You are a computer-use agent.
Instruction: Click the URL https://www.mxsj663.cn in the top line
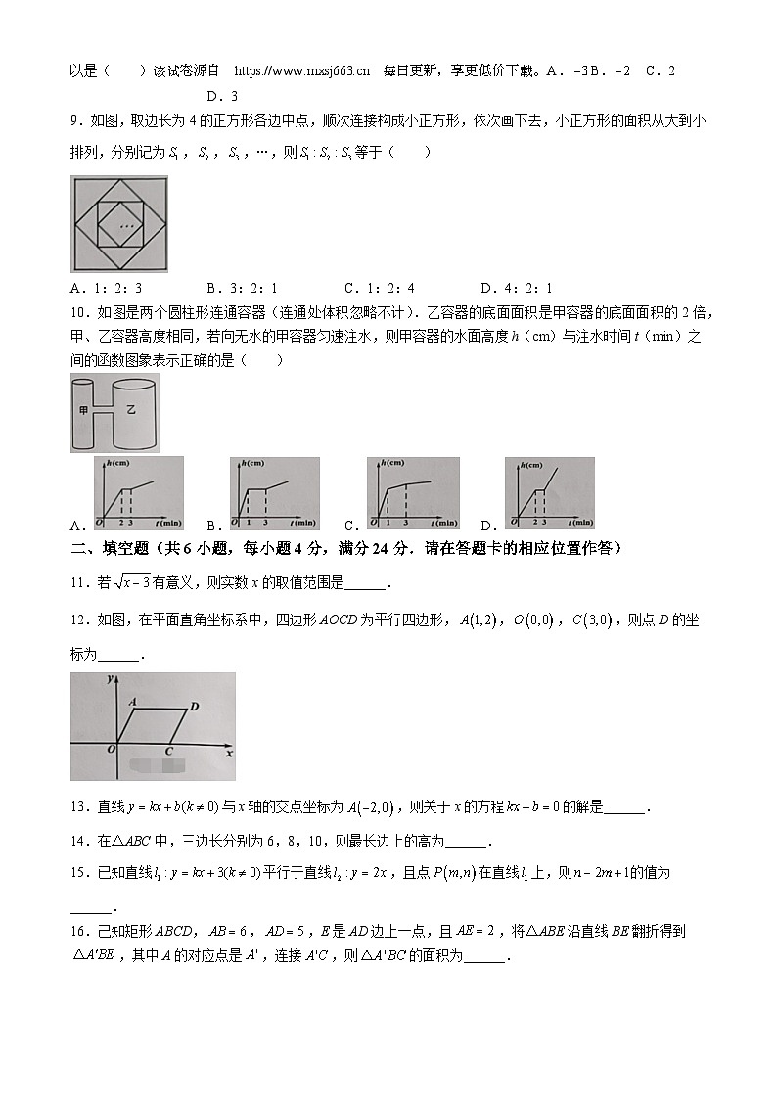click(x=303, y=70)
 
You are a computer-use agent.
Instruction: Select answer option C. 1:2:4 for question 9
click(x=379, y=288)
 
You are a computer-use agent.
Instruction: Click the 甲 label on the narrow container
click(x=83, y=411)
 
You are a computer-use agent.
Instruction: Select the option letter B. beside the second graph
click(x=213, y=524)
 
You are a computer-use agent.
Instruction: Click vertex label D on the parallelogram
click(x=194, y=707)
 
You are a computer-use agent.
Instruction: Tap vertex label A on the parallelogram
click(x=131, y=700)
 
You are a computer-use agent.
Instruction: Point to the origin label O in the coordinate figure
click(x=112, y=749)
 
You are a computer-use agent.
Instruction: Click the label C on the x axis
click(x=168, y=751)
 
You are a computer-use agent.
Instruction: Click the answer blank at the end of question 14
click(x=465, y=841)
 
